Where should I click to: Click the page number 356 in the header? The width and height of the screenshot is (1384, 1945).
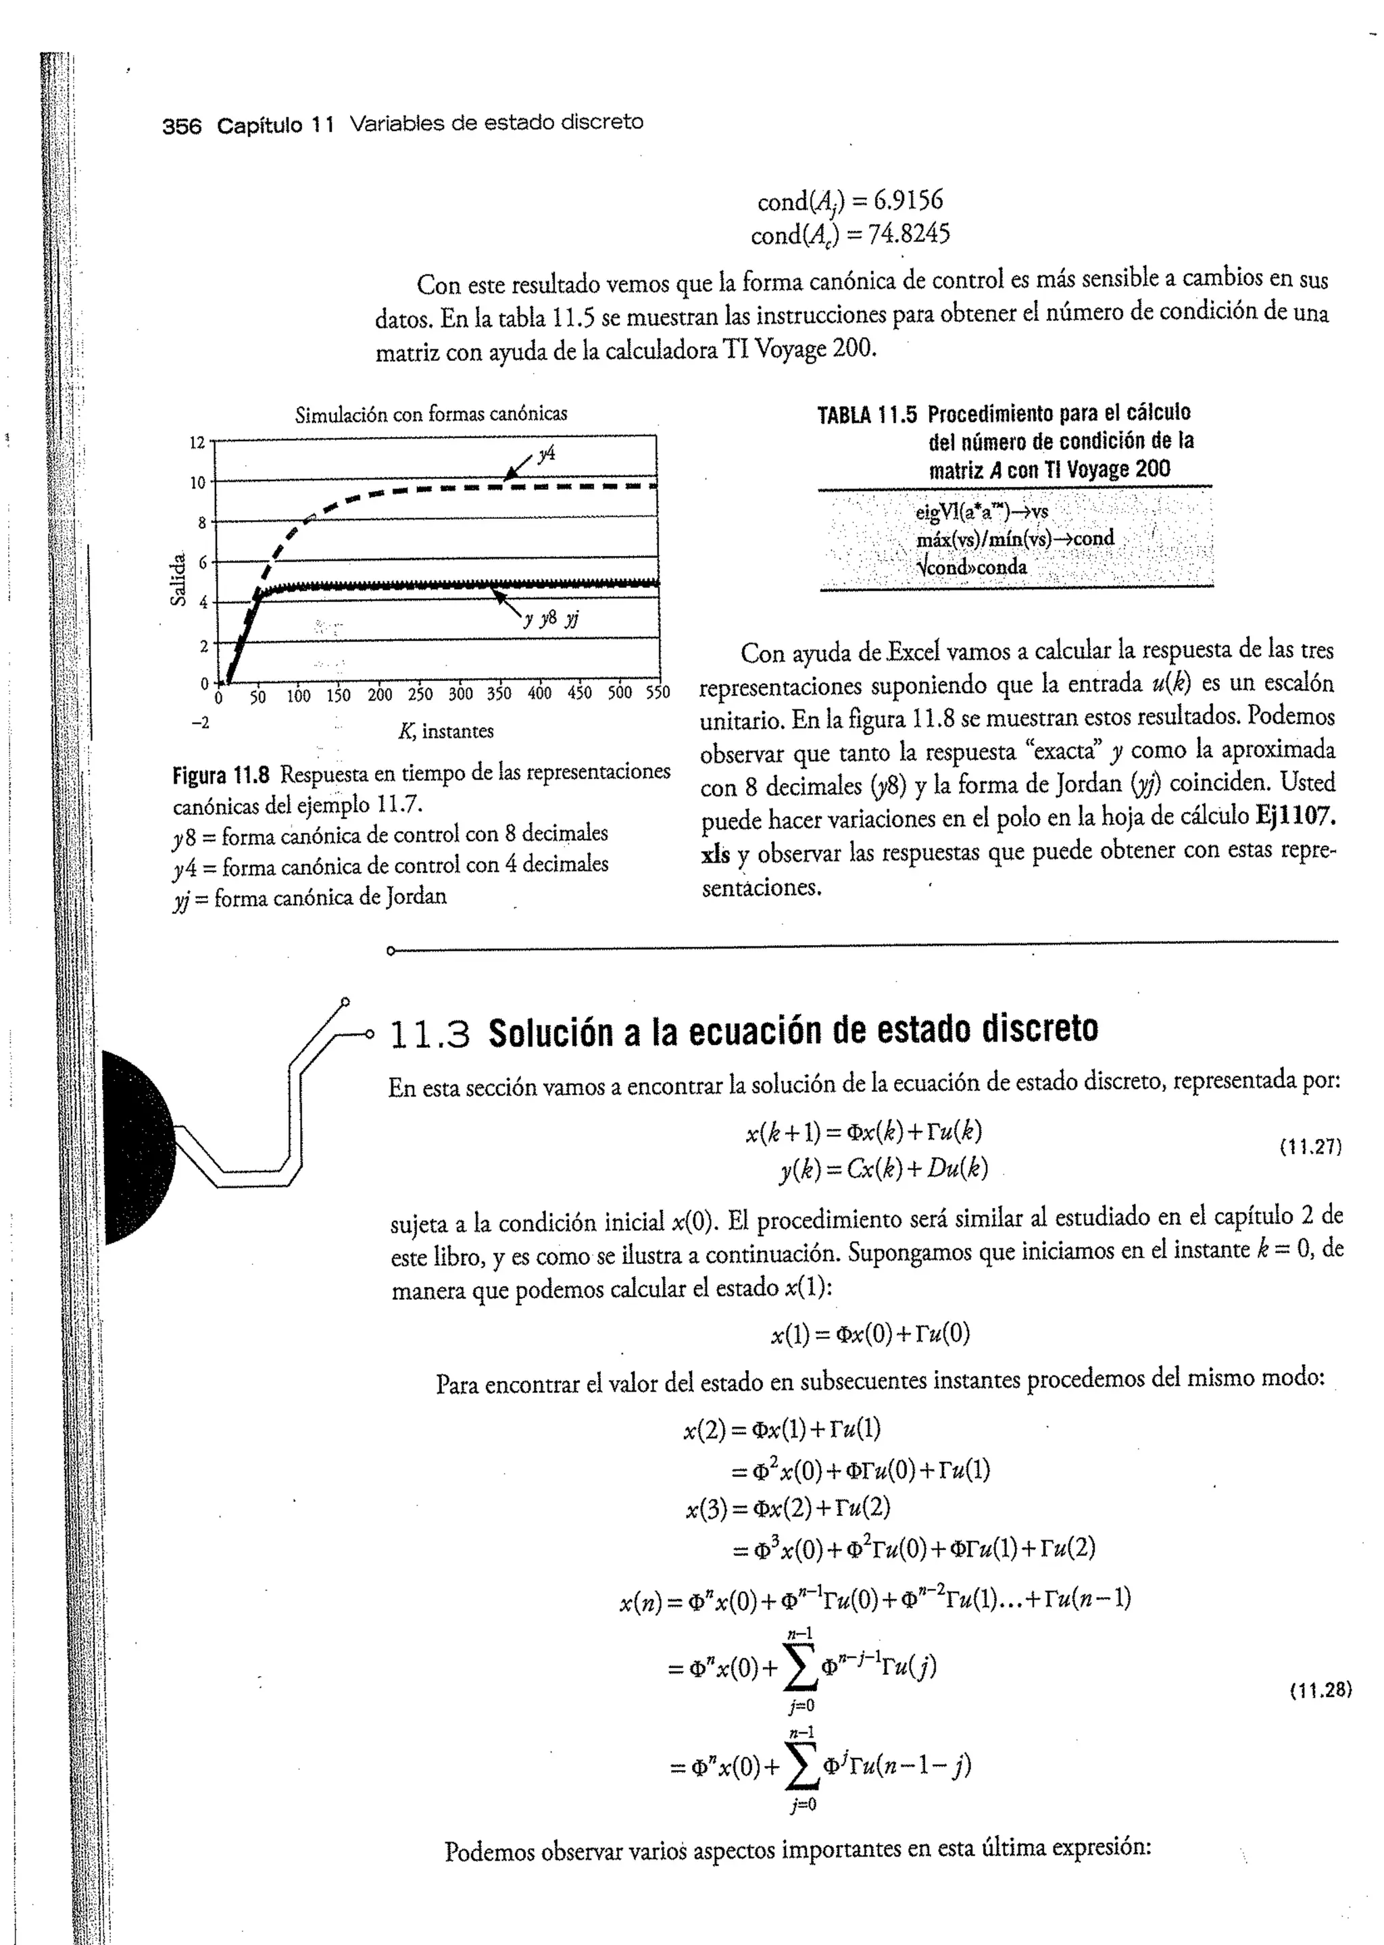pyautogui.click(x=182, y=126)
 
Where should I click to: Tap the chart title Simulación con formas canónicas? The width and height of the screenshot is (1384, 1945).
pyautogui.click(x=430, y=415)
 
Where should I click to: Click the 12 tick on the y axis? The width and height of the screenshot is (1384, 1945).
pyautogui.click(x=197, y=442)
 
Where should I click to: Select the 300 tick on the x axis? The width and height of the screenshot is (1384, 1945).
pyautogui.click(x=461, y=694)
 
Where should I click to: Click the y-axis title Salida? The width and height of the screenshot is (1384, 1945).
pyautogui.click(x=178, y=580)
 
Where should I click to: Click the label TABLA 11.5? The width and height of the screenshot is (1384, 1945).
pyautogui.click(x=867, y=415)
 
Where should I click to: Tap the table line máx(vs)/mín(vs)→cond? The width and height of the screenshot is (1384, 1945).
pyautogui.click(x=1015, y=539)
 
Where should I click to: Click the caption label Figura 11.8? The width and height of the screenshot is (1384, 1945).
pyautogui.click(x=221, y=776)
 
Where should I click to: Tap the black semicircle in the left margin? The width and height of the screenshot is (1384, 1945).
pyautogui.click(x=137, y=1146)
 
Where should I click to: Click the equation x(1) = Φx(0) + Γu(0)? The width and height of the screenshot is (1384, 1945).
pyautogui.click(x=869, y=1334)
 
